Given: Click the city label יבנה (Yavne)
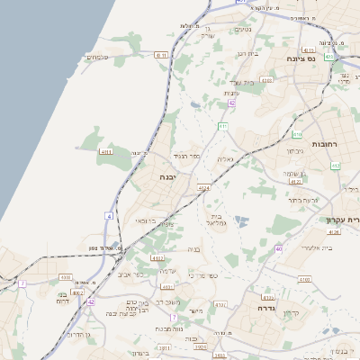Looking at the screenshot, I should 167,177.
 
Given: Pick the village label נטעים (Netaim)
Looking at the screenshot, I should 242,30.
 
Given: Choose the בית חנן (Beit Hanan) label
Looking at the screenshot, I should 247,54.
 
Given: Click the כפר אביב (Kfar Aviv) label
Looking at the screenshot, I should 130,274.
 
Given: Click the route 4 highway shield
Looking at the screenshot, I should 109,216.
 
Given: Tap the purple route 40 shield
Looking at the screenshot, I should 279,248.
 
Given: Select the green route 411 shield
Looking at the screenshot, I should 220,126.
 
